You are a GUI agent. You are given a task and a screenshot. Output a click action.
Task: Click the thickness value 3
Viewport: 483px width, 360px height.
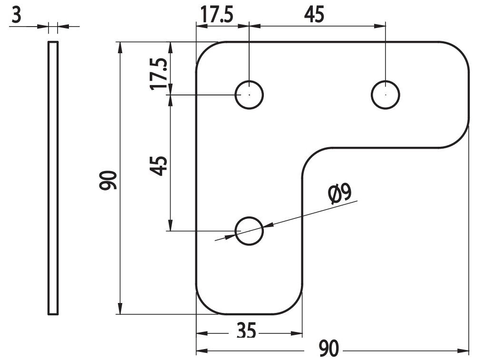(x=17, y=16)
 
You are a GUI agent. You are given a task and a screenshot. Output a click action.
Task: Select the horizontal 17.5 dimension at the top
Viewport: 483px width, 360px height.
(x=217, y=15)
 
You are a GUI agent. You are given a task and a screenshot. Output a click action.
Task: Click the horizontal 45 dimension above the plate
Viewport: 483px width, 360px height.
(x=314, y=15)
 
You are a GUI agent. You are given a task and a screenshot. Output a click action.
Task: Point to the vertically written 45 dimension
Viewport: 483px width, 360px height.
(x=159, y=166)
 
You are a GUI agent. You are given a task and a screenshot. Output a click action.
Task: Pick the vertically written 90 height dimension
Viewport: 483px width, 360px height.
(x=108, y=180)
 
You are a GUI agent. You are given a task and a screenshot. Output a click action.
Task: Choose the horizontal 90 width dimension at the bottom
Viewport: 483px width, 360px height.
(x=328, y=348)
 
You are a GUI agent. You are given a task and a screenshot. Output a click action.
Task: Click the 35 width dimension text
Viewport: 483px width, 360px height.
(x=247, y=331)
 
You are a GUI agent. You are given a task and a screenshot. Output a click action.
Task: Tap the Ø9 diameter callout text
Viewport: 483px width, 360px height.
(x=340, y=194)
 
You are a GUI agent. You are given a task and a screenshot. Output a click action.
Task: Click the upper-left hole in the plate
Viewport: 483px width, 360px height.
(x=249, y=95)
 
